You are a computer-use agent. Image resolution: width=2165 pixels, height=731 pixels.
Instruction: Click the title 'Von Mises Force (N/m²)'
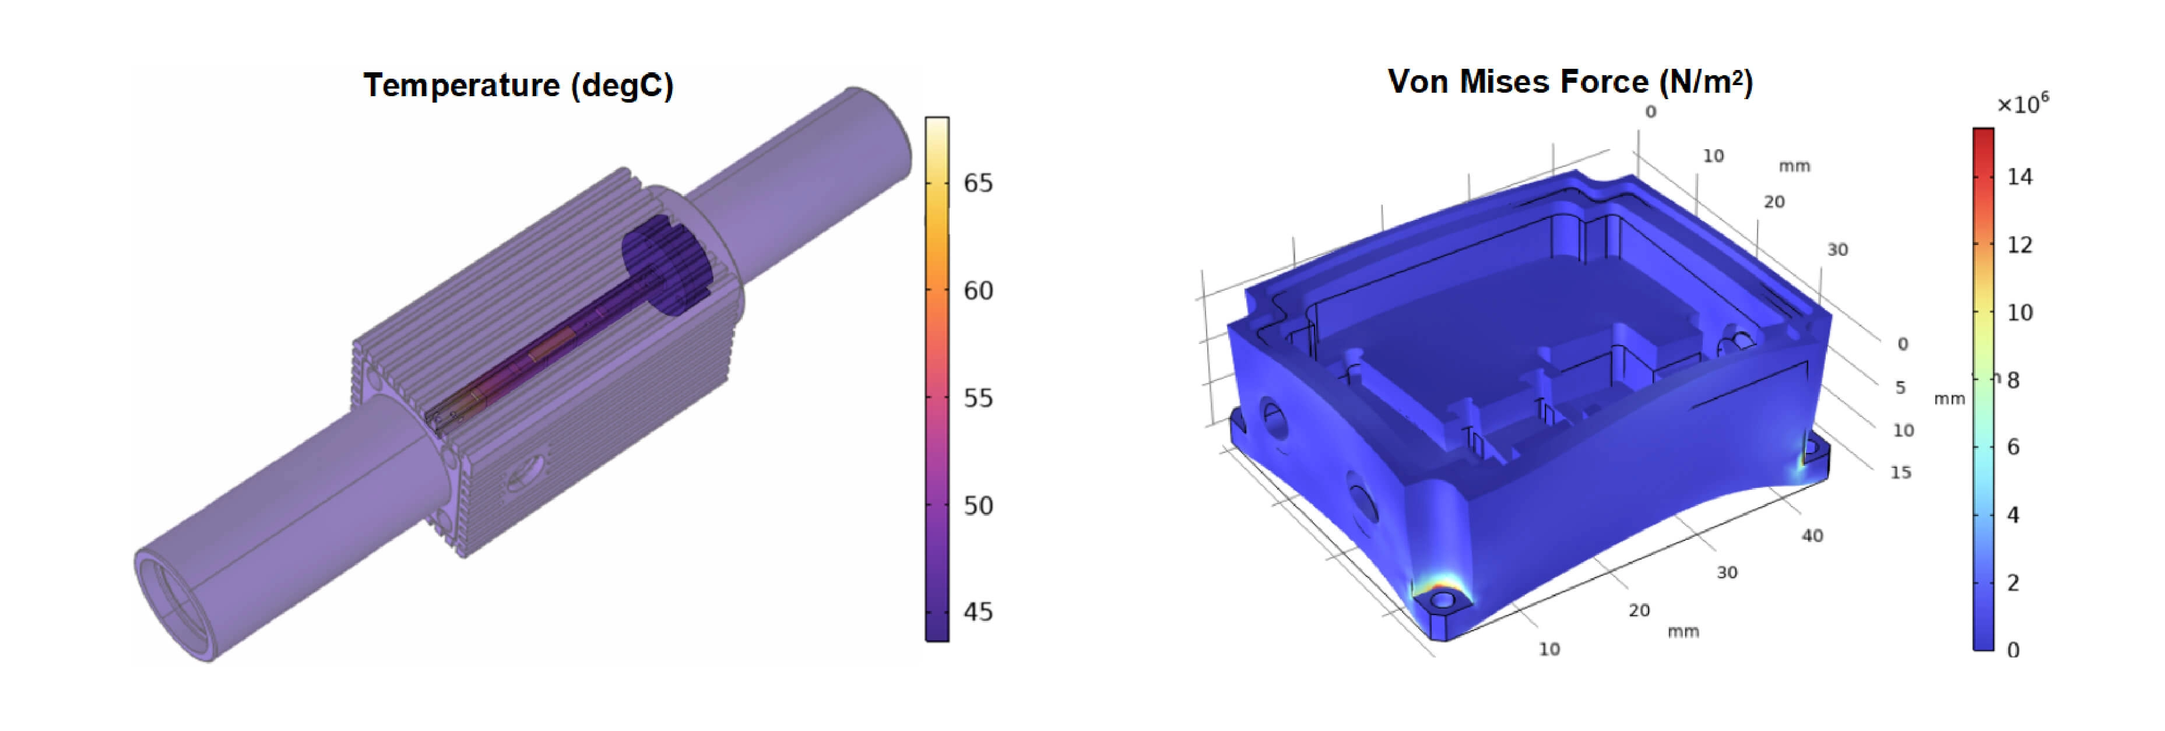coord(1570,82)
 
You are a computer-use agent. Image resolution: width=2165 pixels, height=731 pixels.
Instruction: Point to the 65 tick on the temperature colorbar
coord(978,183)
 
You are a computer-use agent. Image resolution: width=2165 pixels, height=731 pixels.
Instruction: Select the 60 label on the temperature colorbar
coord(978,291)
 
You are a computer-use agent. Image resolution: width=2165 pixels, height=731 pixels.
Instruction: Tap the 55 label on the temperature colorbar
coord(978,398)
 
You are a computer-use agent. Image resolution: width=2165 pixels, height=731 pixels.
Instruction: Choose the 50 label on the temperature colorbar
coord(978,506)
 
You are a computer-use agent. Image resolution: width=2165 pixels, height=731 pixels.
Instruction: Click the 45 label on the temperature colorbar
coord(978,611)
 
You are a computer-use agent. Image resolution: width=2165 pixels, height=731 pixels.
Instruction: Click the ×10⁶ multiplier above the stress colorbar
coord(2023,103)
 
